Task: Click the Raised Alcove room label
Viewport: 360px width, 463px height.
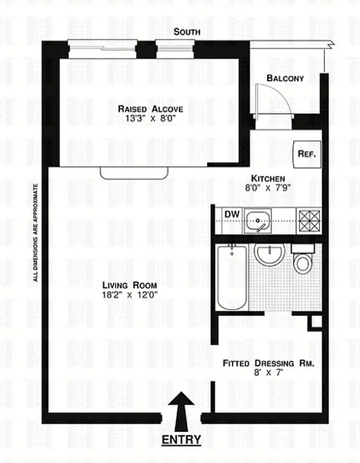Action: coord(150,109)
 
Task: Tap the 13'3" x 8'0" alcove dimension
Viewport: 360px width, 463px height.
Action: coord(150,120)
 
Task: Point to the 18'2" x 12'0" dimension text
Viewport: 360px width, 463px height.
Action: coord(130,295)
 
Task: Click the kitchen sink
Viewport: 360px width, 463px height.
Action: coord(257,221)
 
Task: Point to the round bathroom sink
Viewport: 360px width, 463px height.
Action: coord(268,255)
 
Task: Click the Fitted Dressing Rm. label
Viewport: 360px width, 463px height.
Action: coord(269,363)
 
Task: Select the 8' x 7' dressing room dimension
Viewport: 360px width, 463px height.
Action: coord(269,374)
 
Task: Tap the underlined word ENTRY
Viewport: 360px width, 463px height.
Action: coord(181,439)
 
